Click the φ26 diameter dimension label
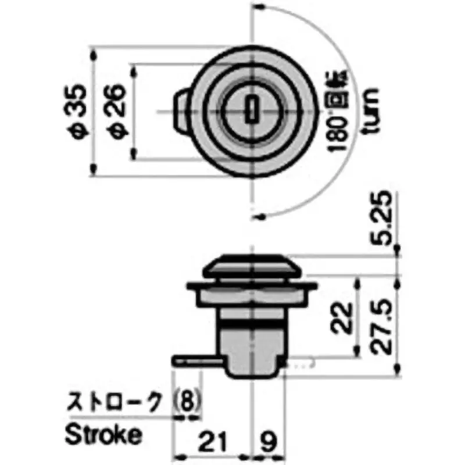click(115, 110)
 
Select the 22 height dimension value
click(344, 317)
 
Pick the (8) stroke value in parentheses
click(188, 400)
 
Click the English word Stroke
click(102, 433)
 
